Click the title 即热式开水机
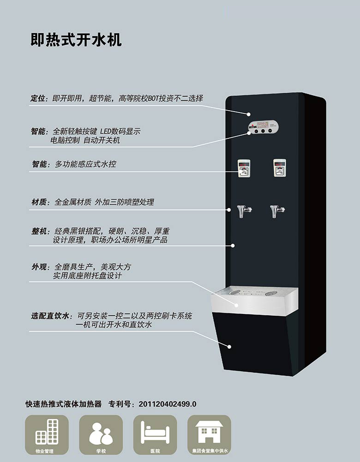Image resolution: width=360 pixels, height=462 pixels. pos(76,40)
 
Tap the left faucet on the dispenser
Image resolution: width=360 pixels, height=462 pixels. pos(243,211)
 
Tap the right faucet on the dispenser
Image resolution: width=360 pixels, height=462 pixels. pos(276,211)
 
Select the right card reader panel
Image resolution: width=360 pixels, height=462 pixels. pos(279,168)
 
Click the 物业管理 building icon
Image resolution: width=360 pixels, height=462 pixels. pos(47,432)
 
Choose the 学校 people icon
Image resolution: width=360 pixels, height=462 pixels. pos(101,432)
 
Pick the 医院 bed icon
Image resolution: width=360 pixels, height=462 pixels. pos(155,432)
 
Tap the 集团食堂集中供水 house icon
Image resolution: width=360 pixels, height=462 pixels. pos(209,432)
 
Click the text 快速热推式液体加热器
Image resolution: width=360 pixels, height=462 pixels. pos(63,404)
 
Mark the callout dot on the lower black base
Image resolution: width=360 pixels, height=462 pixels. pos(229,346)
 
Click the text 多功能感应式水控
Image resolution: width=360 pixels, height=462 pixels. pos(85,164)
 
